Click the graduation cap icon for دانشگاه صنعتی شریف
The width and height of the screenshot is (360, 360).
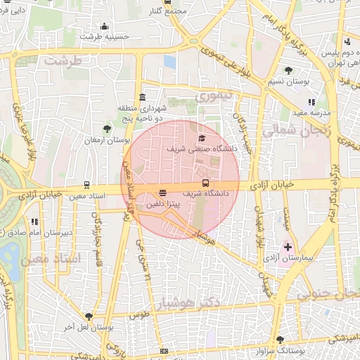tap(202, 138)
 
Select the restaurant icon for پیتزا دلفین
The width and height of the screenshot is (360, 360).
tap(163, 192)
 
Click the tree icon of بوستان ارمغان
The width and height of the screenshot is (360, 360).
tap(106, 129)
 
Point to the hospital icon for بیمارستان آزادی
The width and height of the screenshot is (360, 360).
tap(288, 247)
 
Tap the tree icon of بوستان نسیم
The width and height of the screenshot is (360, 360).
tap(289, 70)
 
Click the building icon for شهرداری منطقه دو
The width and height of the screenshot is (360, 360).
tap(143, 97)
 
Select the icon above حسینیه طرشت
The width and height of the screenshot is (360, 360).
tap(105, 26)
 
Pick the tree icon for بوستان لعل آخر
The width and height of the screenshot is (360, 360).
tap(87, 316)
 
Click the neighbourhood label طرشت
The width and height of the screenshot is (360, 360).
tap(63, 60)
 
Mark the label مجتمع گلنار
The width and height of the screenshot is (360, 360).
tap(172, 11)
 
